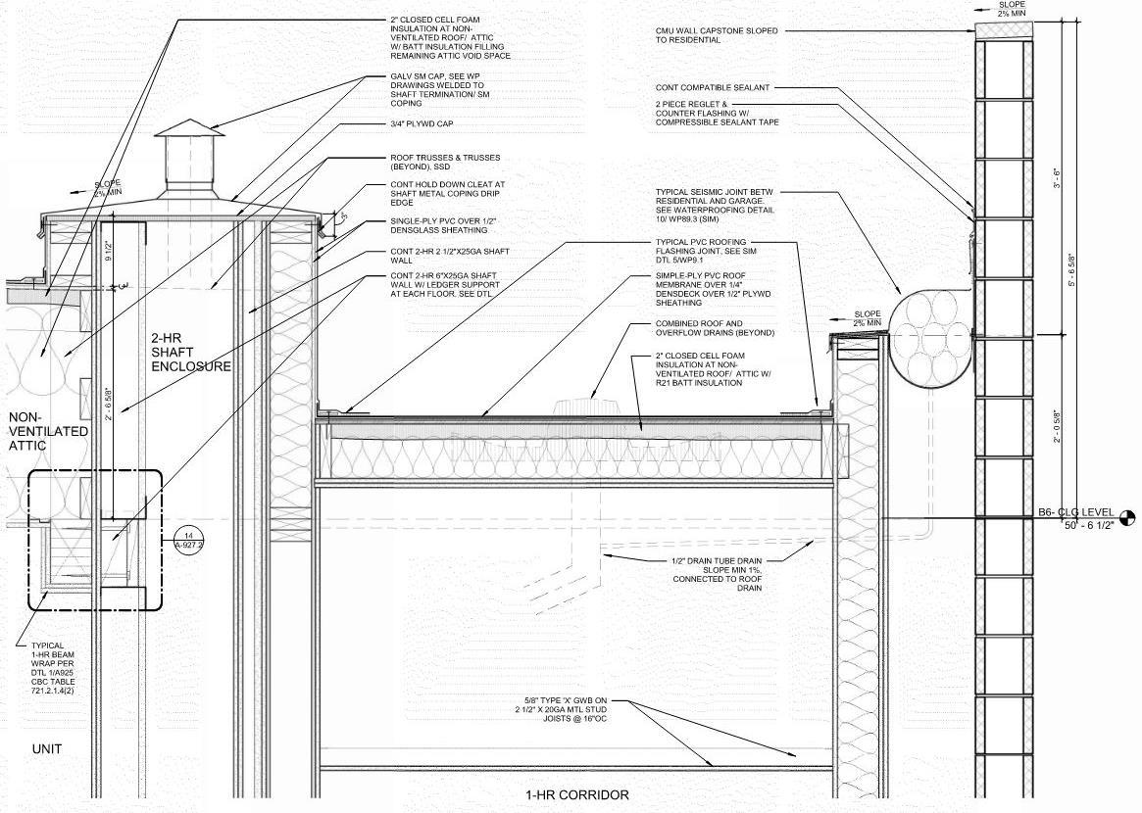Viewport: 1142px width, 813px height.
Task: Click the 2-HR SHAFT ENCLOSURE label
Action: (x=190, y=352)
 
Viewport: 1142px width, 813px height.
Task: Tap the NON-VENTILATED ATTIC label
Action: (x=48, y=431)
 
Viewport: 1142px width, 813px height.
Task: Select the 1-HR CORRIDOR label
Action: (x=577, y=794)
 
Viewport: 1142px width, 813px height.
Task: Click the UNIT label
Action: (x=47, y=749)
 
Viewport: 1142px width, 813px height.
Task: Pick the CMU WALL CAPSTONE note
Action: (x=717, y=36)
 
